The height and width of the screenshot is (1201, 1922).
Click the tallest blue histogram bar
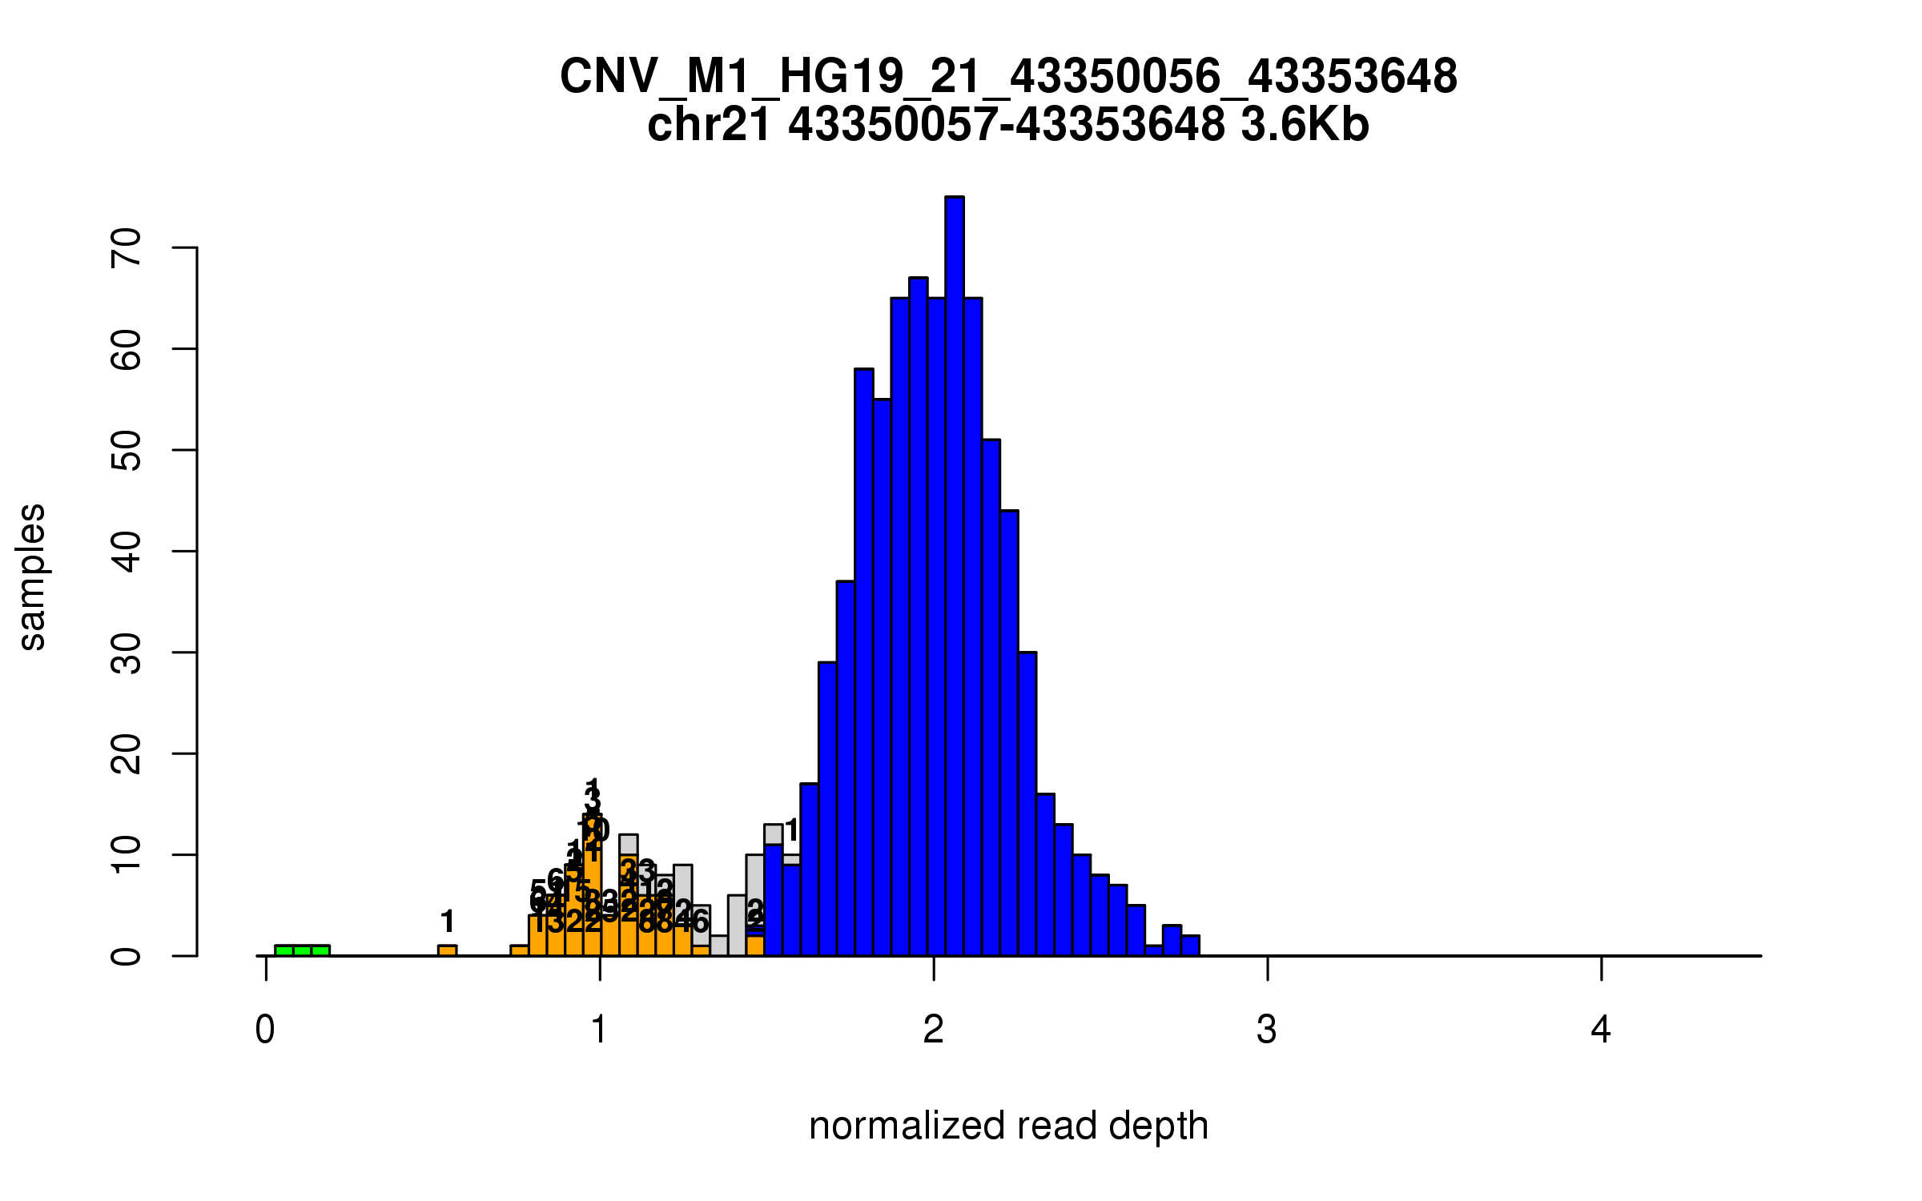[x=954, y=576]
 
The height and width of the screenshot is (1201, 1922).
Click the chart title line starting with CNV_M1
[x=1008, y=77]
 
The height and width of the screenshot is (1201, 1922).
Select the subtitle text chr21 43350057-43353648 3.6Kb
[x=1008, y=125]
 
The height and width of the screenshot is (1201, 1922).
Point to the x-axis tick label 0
[x=265, y=1030]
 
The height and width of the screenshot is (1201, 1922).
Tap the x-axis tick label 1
[x=599, y=1030]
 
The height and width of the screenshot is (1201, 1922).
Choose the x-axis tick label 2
[x=933, y=1030]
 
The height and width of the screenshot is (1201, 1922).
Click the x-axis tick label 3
[x=1267, y=1030]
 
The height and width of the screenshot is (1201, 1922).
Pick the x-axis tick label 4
[x=1601, y=1030]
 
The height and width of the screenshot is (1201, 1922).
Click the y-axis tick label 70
[x=127, y=247]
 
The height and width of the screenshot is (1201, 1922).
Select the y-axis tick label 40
[x=127, y=551]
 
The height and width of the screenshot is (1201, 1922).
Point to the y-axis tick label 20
[x=127, y=753]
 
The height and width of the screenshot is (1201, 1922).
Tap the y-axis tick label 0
[x=127, y=955]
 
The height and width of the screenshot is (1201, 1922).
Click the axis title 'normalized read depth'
[x=1008, y=1126]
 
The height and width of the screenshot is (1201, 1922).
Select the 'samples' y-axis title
[x=32, y=576]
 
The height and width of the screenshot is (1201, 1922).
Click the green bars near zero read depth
[x=302, y=950]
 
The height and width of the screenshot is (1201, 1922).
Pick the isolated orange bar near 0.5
[x=447, y=950]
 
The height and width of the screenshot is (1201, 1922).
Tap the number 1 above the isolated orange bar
[x=448, y=922]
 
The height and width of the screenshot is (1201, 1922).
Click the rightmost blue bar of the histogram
[x=1190, y=946]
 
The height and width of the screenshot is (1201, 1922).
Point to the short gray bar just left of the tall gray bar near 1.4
[x=718, y=946]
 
